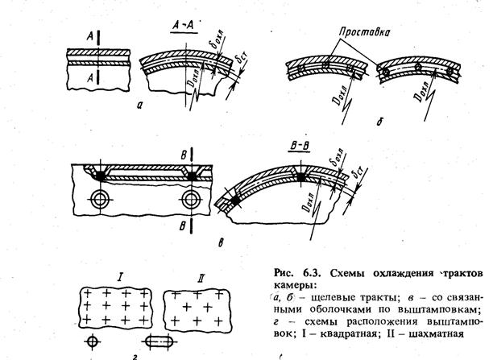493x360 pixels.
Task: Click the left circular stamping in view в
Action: [x=102, y=198]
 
